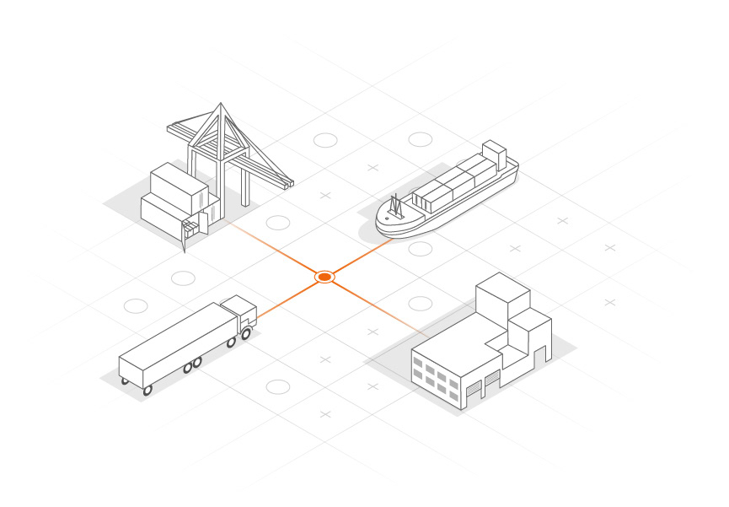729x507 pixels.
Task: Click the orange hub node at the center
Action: click(325, 277)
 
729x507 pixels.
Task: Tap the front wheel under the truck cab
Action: click(246, 334)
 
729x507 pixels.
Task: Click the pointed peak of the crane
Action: click(221, 105)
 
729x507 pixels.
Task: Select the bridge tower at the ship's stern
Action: click(494, 155)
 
